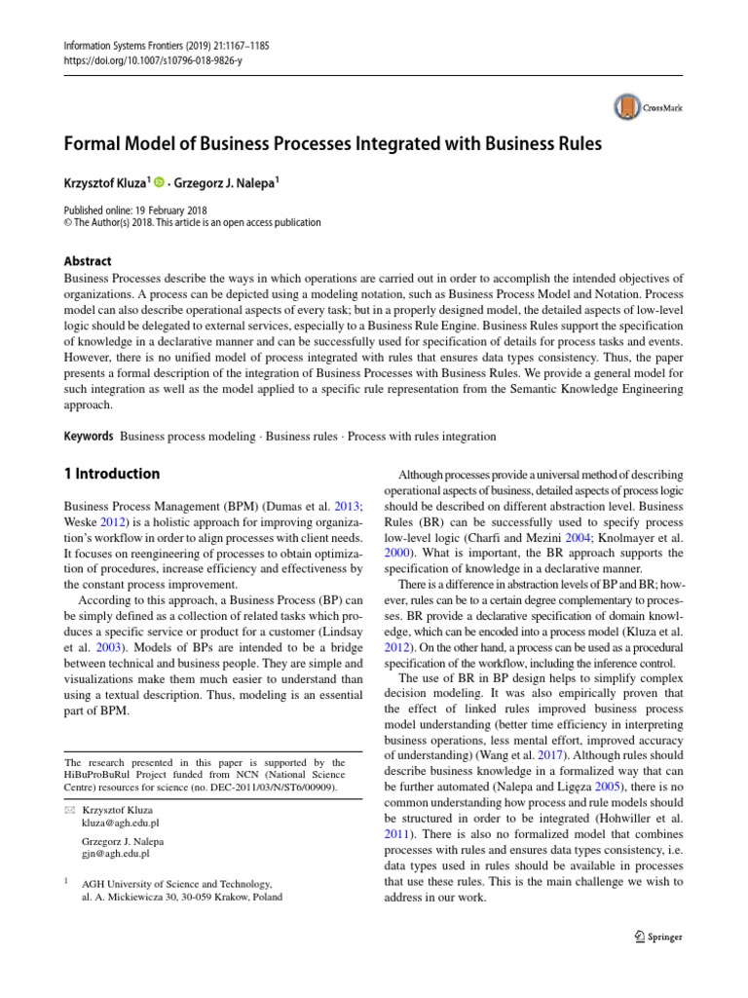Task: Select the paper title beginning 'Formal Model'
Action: click(332, 143)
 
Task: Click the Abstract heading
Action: click(87, 261)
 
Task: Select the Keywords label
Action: click(88, 437)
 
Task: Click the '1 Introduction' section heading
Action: click(111, 475)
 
